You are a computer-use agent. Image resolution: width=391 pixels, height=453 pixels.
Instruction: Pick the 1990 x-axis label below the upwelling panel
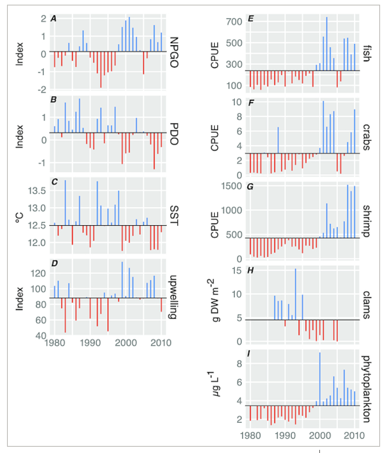[90, 343]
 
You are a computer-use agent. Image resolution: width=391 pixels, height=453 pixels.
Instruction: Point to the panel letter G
[249, 186]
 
